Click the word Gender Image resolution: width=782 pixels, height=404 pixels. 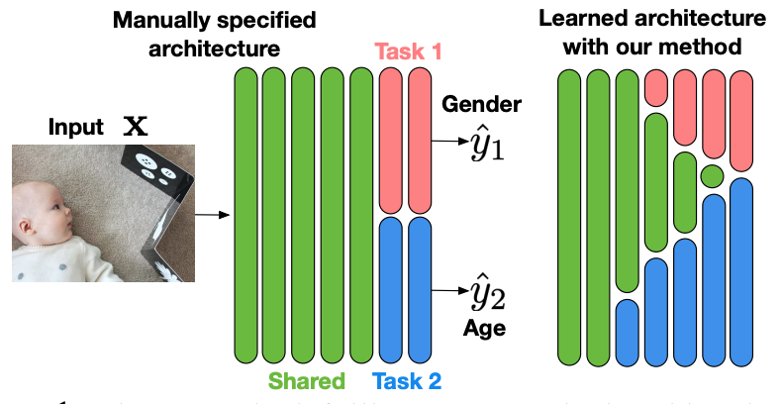[x=482, y=104]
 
